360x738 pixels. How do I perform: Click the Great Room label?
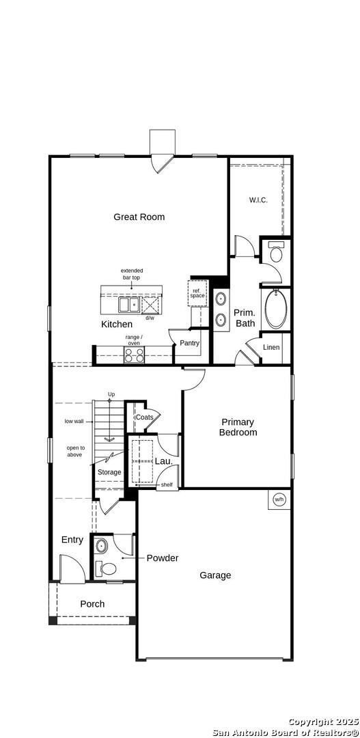[139, 217]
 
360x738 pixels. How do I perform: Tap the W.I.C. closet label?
[258, 200]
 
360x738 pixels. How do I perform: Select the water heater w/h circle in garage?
[279, 500]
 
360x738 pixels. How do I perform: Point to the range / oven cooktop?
[134, 355]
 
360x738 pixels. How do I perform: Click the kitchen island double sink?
[128, 303]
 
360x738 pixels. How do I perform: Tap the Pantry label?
[190, 343]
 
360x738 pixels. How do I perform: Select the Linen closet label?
[271, 348]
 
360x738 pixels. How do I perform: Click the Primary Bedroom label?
[238, 427]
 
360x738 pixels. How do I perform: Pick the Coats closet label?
[144, 418]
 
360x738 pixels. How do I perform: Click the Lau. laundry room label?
[163, 461]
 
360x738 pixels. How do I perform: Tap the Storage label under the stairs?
[109, 472]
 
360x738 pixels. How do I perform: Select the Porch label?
[92, 604]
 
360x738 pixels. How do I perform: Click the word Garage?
[215, 575]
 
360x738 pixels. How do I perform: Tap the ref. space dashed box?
[197, 292]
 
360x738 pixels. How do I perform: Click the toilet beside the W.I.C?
[276, 253]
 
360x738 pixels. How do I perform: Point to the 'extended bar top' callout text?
[132, 274]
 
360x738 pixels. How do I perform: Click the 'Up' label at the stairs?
[111, 395]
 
